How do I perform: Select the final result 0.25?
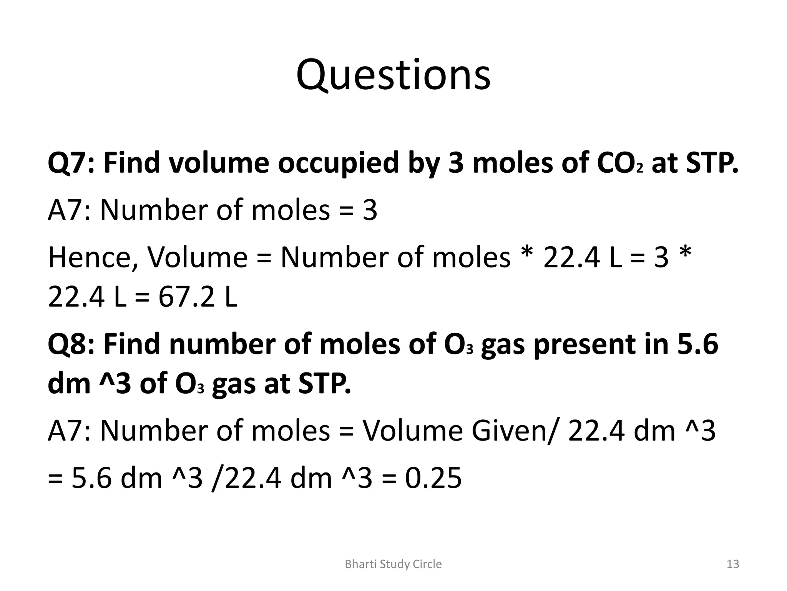433,478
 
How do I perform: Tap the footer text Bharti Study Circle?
393,564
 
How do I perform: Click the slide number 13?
733,564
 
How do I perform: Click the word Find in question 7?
132,163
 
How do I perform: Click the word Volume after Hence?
198,257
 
